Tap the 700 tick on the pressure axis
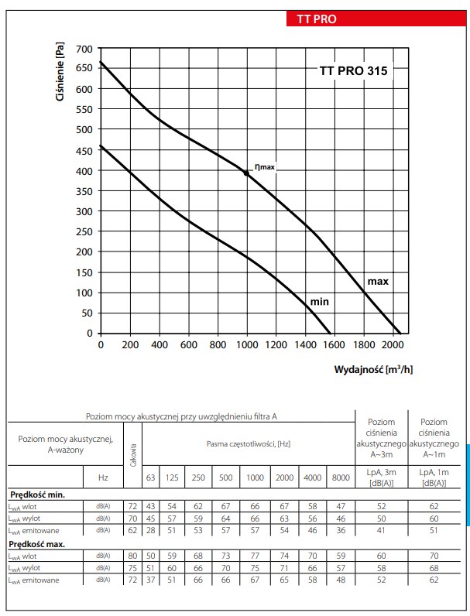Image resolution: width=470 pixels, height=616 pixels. (x=84, y=49)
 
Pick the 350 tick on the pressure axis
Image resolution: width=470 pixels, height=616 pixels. (x=84, y=191)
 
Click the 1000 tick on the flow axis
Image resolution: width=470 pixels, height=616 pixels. (x=246, y=345)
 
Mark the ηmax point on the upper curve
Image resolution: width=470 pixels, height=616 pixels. (x=246, y=173)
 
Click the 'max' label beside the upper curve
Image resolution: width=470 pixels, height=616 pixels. (x=377, y=282)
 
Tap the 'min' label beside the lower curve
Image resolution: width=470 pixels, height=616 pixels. (x=320, y=300)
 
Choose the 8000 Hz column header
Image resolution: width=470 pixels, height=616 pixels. (x=341, y=478)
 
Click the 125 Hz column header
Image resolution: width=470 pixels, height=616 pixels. (x=172, y=478)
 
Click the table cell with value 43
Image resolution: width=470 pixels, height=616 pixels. (x=151, y=505)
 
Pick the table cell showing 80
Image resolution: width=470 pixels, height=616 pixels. (x=133, y=556)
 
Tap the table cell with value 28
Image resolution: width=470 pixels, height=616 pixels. (x=151, y=530)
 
